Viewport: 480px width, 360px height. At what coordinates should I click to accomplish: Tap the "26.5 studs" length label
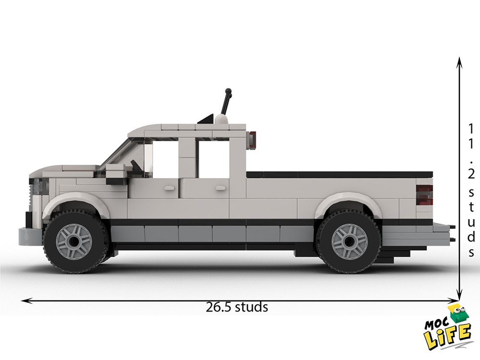coord(237,307)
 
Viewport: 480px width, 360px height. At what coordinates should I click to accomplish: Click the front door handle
coord(169,188)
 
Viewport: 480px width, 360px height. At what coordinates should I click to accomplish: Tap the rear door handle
coord(221,188)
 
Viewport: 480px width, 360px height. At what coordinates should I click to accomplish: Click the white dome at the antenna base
coord(222,120)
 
